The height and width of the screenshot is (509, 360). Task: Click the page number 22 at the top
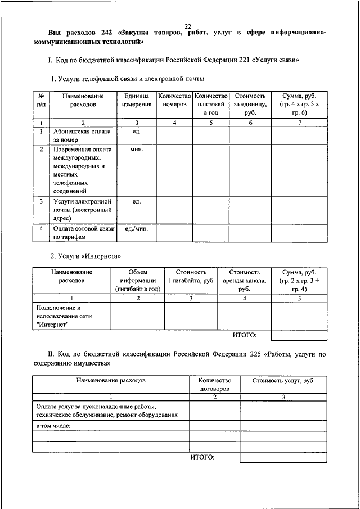tap(187, 26)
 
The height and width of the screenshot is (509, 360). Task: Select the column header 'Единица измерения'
tap(137, 101)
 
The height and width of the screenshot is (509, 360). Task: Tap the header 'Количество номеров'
tap(174, 101)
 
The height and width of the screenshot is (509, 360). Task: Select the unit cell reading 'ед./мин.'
tap(136, 229)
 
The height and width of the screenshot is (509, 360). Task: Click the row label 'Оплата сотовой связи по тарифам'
tap(83, 233)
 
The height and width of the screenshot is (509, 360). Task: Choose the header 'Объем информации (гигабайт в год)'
tap(138, 280)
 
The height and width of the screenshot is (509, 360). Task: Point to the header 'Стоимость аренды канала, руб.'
tap(244, 280)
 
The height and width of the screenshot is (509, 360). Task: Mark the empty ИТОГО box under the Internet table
tap(299, 336)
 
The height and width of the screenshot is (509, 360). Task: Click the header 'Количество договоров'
tap(214, 385)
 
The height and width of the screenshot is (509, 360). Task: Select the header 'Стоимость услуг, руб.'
tap(283, 381)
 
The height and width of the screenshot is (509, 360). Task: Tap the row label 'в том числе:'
tap(53, 426)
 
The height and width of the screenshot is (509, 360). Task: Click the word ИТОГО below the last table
tap(202, 457)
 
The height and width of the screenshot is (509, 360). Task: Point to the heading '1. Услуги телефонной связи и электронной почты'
tap(128, 78)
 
